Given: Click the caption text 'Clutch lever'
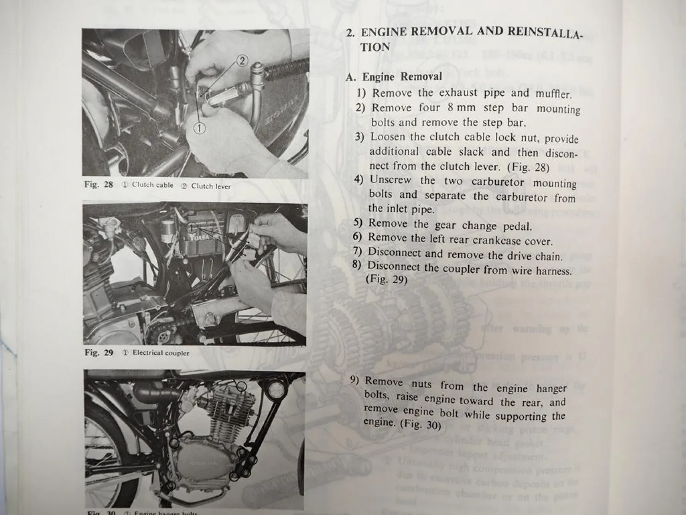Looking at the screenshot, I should [x=210, y=186].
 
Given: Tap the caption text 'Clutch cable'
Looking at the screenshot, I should [x=152, y=185].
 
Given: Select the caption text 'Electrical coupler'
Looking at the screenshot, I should [x=161, y=353].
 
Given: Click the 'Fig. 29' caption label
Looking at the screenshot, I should [x=98, y=352].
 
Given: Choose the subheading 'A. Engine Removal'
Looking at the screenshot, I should [x=395, y=76].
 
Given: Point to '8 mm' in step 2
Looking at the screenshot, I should [x=461, y=108].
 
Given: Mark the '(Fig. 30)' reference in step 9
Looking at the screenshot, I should [x=420, y=424].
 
